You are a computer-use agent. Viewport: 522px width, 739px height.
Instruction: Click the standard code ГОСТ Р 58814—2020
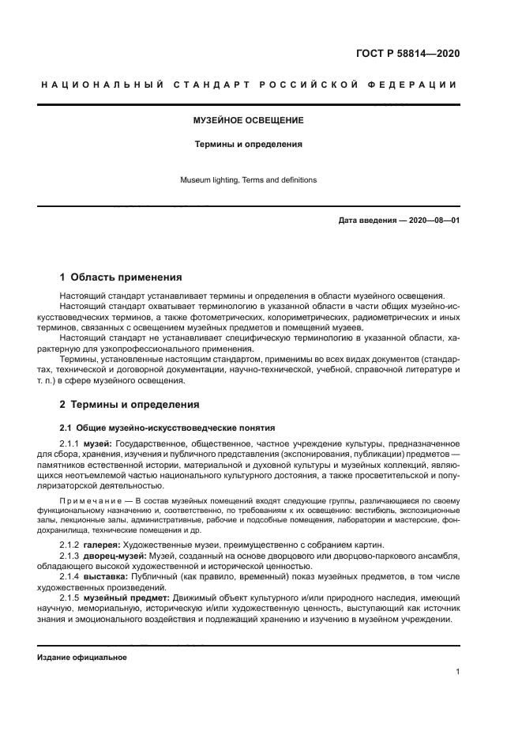pos(407,54)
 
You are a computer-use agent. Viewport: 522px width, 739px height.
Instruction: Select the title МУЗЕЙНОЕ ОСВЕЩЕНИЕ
pos(248,121)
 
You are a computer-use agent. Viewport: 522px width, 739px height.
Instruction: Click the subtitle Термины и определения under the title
pos(248,145)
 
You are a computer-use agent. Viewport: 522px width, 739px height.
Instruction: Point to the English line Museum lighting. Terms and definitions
pos(248,180)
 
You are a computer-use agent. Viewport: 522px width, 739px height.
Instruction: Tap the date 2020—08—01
pos(434,221)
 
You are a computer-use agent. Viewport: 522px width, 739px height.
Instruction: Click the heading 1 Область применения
pos(121,277)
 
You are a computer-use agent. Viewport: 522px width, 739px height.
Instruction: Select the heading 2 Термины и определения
pos(130,405)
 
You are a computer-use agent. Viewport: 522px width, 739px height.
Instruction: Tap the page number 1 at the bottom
pos(457,672)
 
